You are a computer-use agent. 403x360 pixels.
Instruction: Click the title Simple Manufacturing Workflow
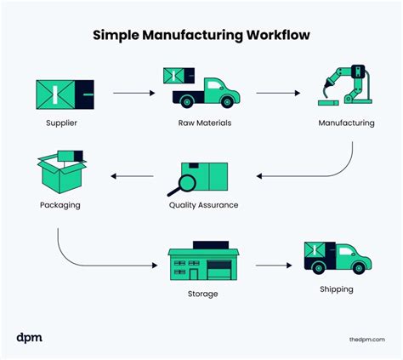[x=201, y=37]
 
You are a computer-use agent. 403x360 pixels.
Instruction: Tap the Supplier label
[x=63, y=123]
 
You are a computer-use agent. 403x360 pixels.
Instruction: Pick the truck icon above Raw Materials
[x=202, y=88]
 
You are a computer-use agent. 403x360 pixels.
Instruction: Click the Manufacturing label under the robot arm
[x=346, y=123]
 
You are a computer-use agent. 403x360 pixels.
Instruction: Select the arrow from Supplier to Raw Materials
[x=131, y=89]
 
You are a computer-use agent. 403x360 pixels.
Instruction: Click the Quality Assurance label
[x=204, y=205]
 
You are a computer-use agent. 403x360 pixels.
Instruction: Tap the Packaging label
[x=60, y=205]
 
